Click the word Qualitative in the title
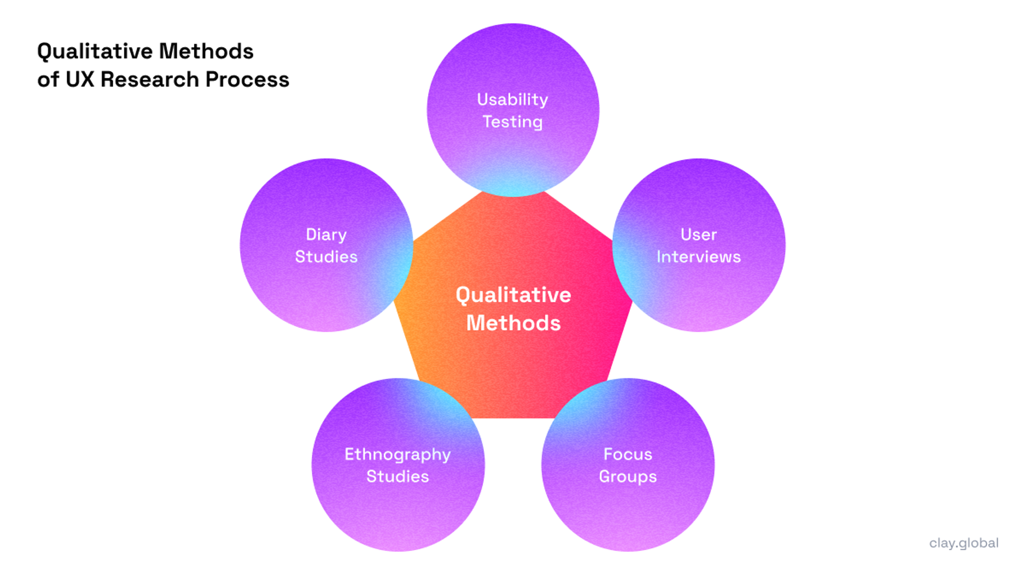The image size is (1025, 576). (94, 52)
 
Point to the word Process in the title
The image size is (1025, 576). (247, 80)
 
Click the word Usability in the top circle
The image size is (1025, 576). (512, 99)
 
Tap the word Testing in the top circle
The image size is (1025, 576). (512, 122)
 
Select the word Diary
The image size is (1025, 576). (326, 235)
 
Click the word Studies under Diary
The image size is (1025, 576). (326, 257)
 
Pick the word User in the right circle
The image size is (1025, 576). (698, 235)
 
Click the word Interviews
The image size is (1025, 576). (698, 257)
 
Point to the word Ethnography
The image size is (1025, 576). (398, 454)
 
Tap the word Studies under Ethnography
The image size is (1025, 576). (398, 477)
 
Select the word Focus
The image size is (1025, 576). (628, 454)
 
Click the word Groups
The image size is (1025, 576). (628, 477)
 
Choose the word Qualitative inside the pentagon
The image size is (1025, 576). (513, 295)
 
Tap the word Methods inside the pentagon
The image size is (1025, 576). (513, 323)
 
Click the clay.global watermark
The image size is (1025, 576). (964, 543)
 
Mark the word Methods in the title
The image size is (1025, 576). (206, 52)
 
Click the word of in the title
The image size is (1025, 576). (48, 80)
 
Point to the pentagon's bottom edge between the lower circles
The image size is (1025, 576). (513, 416)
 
